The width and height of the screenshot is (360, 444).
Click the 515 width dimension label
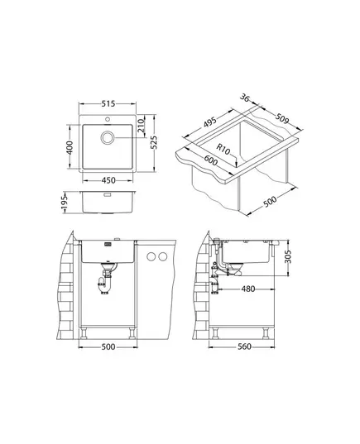click(x=108, y=104)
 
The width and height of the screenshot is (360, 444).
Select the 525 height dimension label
click(x=154, y=142)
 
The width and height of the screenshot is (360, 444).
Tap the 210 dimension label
click(x=141, y=126)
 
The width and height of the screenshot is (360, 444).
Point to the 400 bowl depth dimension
click(x=70, y=147)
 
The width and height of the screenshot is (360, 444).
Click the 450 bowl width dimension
click(x=108, y=180)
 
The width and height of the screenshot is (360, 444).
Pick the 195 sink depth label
click(x=65, y=203)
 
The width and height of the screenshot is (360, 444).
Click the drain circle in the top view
click(x=108, y=137)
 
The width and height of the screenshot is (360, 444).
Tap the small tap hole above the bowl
click(x=108, y=119)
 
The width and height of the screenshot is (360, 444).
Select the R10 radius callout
click(x=223, y=149)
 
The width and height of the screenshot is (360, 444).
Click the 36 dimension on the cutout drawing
click(x=245, y=98)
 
